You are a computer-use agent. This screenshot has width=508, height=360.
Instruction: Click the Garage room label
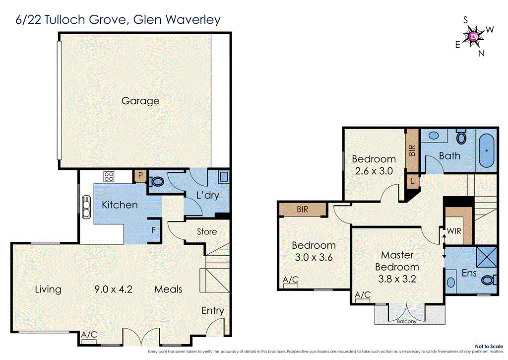[x=140, y=101]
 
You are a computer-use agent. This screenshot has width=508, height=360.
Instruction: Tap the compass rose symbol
[x=474, y=36]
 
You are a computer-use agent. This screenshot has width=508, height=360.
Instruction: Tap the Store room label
[x=207, y=231]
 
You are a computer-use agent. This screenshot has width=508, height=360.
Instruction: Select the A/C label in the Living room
[x=89, y=335]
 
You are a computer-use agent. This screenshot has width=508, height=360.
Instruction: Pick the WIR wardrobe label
[x=453, y=231]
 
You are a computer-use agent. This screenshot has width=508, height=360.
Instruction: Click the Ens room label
[x=469, y=273]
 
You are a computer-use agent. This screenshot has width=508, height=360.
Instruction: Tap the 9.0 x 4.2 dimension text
[x=114, y=289]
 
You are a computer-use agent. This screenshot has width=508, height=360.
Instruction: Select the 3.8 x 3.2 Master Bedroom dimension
[x=397, y=279]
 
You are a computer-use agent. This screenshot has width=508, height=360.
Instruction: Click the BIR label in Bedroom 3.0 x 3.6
[x=302, y=210]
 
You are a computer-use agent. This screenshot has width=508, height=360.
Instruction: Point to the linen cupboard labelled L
[x=413, y=182]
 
